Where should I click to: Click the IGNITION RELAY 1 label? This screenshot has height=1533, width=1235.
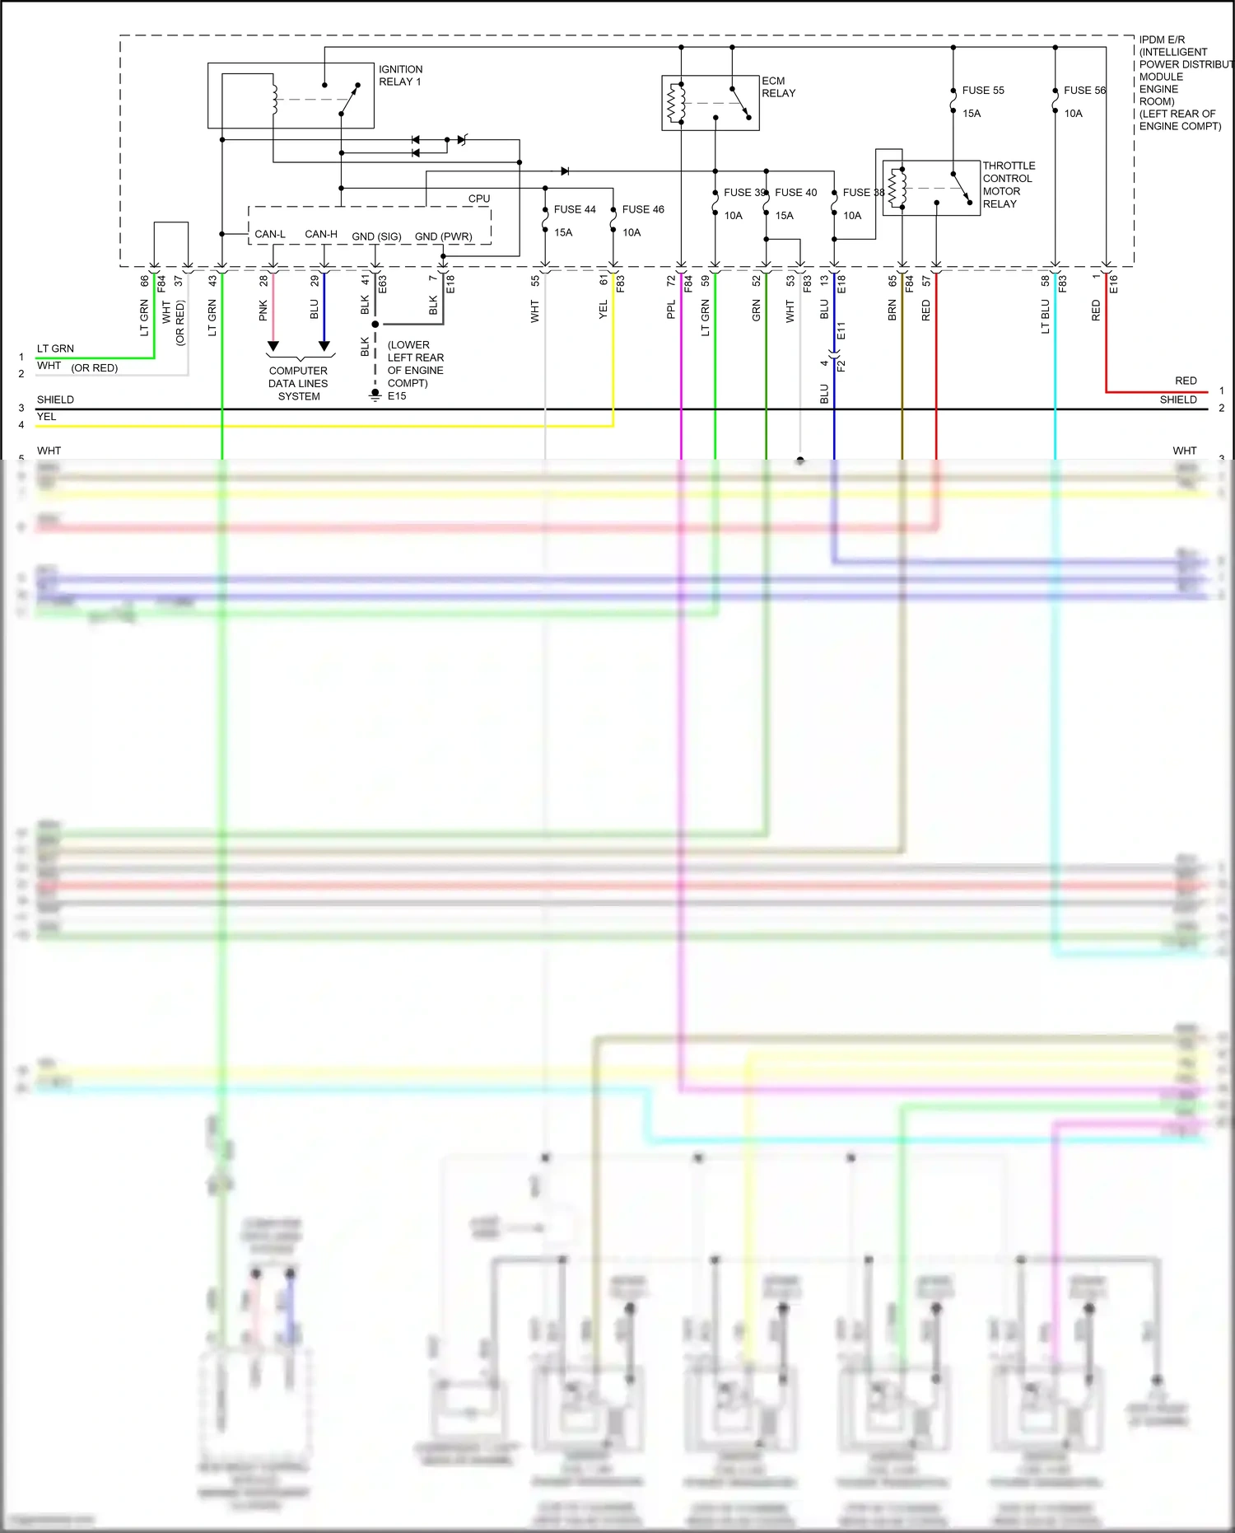[400, 76]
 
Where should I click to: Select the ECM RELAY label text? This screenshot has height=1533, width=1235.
[778, 87]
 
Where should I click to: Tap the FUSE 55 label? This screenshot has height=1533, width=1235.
[983, 91]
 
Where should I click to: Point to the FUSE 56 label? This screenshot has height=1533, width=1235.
[1084, 91]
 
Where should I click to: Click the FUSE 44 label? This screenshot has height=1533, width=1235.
[575, 209]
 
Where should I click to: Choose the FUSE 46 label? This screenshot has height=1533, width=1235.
[643, 209]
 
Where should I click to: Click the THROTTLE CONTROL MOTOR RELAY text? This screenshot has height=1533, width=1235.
[1009, 185]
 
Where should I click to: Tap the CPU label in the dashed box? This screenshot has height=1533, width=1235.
[479, 199]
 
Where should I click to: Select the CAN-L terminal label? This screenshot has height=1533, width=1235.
[270, 235]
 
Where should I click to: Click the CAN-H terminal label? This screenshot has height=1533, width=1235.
[321, 235]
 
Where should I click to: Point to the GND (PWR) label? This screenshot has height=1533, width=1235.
[443, 236]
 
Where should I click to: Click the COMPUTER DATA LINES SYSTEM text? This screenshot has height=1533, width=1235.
[298, 384]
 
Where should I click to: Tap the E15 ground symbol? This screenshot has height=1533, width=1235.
[375, 396]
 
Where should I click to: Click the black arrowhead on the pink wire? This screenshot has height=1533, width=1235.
[273, 347]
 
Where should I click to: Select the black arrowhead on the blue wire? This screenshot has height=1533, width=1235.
[324, 347]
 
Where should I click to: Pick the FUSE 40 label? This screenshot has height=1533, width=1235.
[795, 193]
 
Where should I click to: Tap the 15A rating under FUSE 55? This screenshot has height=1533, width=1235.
[972, 114]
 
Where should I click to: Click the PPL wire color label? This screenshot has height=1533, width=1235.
[671, 310]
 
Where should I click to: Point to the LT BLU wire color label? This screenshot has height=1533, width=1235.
[1045, 316]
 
